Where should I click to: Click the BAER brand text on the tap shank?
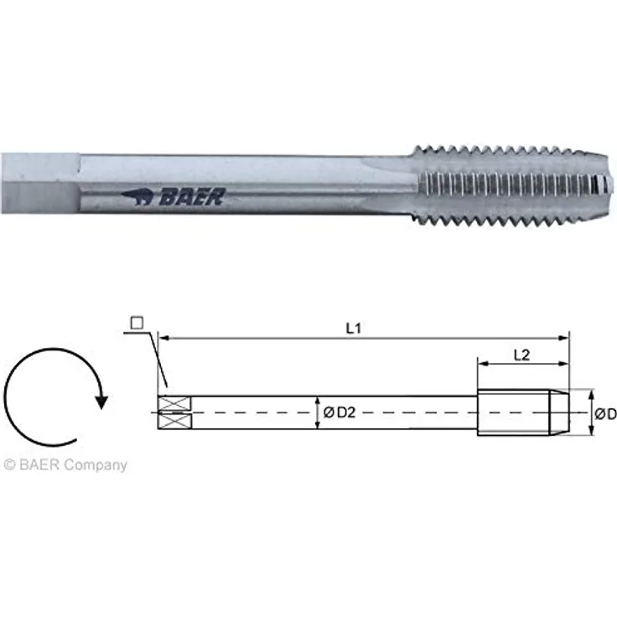193,196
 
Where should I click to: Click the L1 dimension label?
354,329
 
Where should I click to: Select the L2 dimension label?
521,355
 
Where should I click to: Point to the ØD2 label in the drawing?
340,412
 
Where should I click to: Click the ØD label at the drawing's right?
605,414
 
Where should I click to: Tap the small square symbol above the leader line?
137,323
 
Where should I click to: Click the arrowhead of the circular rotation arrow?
102,402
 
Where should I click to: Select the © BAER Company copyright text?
65,464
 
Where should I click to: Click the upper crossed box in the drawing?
174,404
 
